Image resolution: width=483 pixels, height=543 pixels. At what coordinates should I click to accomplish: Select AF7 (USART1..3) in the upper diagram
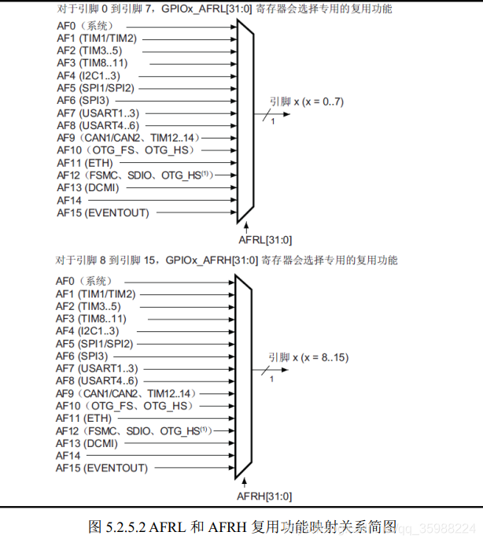[98, 113]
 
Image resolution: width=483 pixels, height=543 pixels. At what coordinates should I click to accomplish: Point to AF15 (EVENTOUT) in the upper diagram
[102, 212]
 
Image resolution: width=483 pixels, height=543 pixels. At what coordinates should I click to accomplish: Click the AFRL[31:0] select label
[264, 240]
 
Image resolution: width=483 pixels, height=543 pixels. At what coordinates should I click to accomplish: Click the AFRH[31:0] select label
[264, 496]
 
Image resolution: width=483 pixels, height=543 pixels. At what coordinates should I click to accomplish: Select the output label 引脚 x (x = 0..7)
[307, 102]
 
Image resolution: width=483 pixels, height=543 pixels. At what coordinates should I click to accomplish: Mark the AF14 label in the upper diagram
[68, 200]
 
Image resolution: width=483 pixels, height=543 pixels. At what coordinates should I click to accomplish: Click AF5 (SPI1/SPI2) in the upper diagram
[95, 89]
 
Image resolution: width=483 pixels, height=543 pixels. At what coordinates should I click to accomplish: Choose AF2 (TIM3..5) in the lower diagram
[87, 306]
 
